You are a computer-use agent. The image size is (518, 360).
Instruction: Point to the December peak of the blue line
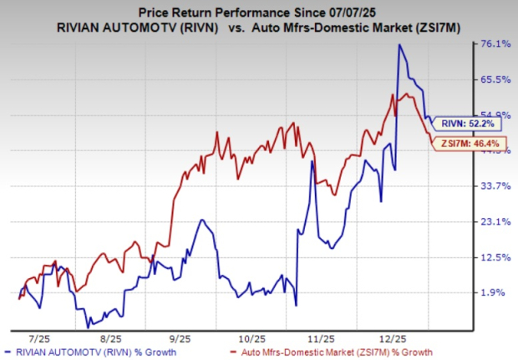tap(399, 45)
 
